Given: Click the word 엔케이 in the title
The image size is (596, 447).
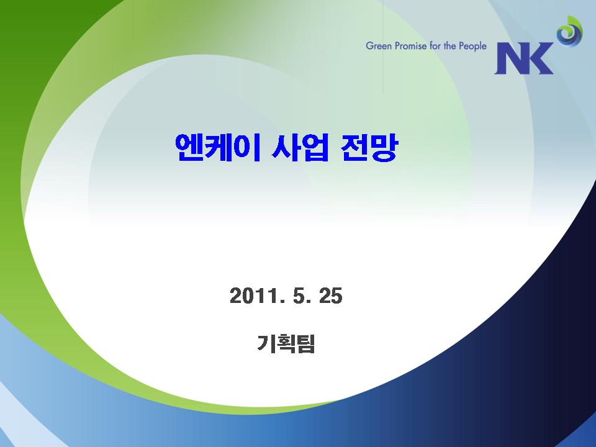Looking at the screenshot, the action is (x=218, y=148).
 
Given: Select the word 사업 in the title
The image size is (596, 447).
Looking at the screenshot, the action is (x=300, y=148).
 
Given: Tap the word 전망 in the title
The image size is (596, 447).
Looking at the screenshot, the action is (x=369, y=148).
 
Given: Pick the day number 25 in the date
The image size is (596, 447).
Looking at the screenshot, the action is (x=331, y=296).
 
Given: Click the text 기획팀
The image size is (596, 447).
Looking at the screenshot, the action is (x=286, y=343).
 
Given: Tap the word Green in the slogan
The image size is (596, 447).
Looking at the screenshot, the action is (x=379, y=46).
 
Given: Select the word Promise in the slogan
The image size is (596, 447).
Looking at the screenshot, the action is (x=411, y=46).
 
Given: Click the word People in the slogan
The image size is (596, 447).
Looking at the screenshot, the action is (x=472, y=47).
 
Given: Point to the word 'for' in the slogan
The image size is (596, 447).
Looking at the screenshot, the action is (x=435, y=46).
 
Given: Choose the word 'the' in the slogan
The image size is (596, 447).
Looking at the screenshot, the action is (x=449, y=46).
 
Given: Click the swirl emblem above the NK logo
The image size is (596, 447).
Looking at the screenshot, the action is (x=569, y=32).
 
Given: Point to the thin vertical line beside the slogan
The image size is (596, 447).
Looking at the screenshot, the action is (x=383, y=47).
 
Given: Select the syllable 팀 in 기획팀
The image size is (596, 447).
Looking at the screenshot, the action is (x=306, y=343).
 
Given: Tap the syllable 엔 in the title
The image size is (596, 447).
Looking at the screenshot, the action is (x=189, y=148).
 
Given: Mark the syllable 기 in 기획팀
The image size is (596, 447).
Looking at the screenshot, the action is (x=266, y=343).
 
